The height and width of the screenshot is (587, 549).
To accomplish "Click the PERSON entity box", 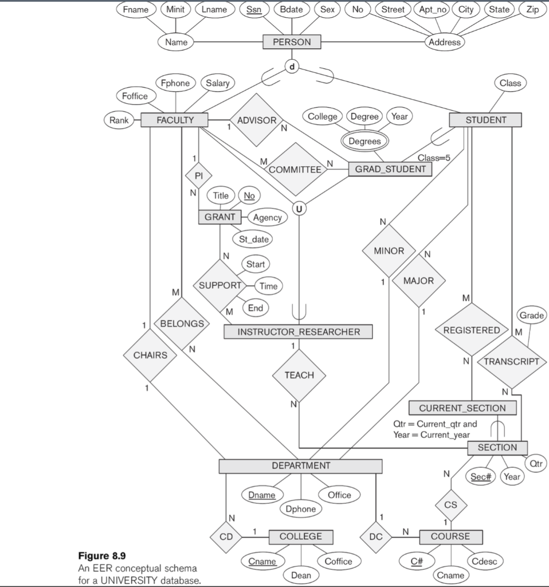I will point(292,42).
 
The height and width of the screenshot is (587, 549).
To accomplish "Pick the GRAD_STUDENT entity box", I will point(390,169).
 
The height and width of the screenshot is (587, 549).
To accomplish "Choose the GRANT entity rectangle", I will point(219,217).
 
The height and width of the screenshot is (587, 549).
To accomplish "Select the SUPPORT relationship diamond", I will point(220,285).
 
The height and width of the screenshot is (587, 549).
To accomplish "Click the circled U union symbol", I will point(299,208).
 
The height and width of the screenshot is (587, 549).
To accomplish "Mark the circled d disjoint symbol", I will point(292,67).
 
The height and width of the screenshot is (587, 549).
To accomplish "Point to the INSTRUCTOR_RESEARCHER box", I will point(298,331).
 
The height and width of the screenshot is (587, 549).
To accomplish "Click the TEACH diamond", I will point(299,375).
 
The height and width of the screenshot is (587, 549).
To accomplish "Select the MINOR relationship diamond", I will point(389,251).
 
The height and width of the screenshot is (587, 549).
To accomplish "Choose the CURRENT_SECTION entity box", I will point(462,408).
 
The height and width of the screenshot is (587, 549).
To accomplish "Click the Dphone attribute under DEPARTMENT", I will point(301,508).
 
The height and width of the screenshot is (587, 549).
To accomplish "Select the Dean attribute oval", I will point(301,574).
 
